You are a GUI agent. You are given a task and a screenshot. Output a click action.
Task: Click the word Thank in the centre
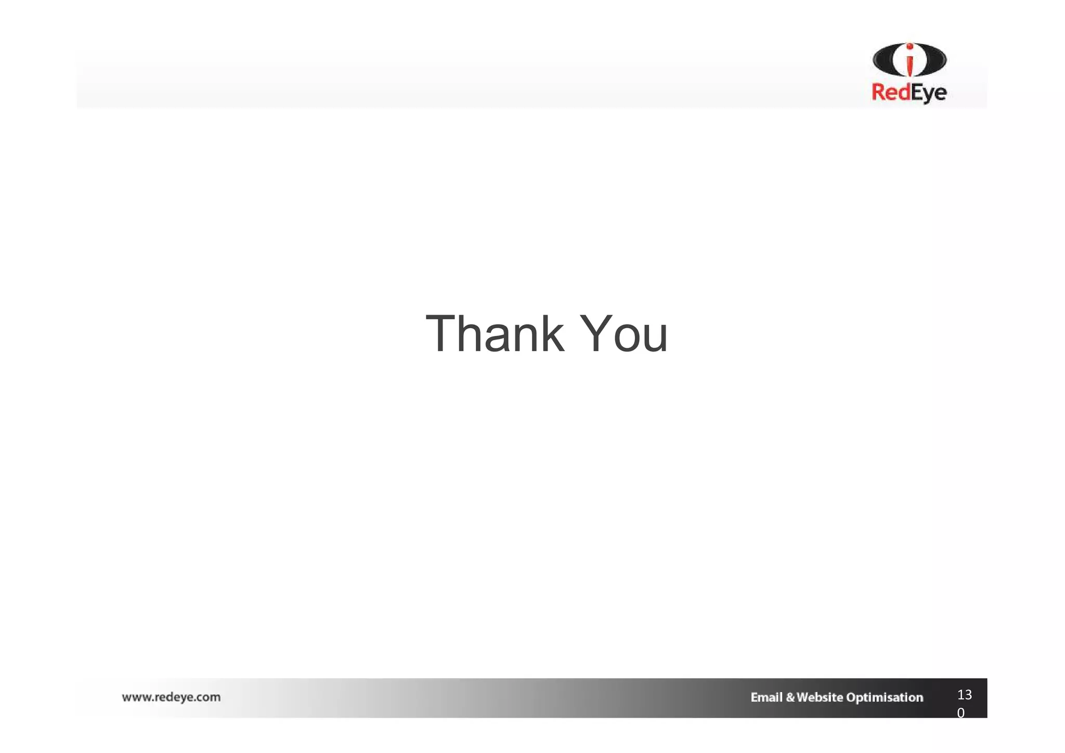(495, 334)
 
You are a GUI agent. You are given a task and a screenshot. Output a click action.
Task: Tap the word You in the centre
(623, 334)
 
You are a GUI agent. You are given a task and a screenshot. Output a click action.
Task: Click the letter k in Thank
(551, 334)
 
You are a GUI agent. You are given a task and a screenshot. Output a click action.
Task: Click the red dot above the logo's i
(910, 47)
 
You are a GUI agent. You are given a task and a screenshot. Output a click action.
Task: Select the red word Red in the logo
(890, 93)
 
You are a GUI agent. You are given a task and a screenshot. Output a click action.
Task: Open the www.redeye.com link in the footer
(171, 697)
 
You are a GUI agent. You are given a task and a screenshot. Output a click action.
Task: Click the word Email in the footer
(767, 697)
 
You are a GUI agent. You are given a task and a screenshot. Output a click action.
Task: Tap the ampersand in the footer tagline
(790, 697)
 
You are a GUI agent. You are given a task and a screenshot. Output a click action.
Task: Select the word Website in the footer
(819, 697)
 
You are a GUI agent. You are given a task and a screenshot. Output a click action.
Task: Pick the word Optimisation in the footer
(885, 698)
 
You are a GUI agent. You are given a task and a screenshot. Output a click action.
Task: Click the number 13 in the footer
(964, 695)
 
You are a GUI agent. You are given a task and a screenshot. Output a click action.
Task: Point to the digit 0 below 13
(961, 713)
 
